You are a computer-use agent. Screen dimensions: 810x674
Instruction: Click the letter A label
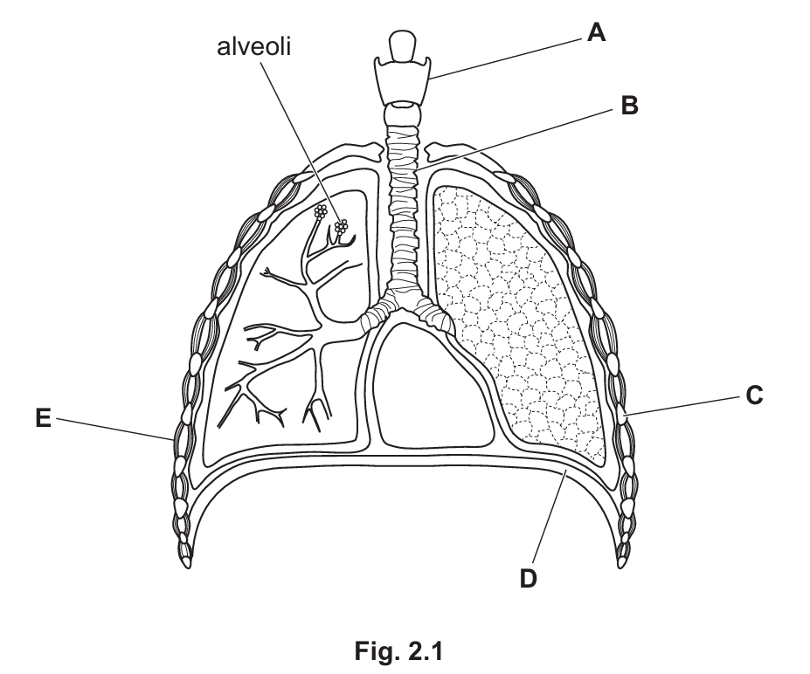pos(596,33)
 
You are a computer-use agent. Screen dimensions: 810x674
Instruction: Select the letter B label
pos(629,106)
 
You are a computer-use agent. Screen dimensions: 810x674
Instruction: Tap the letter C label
pos(754,395)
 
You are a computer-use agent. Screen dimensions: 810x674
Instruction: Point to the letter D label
pos(528,579)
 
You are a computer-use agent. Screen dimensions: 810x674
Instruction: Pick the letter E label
pos(44,418)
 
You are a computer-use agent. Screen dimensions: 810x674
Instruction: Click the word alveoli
pos(253,47)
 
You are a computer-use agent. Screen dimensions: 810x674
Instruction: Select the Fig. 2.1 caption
pos(398,650)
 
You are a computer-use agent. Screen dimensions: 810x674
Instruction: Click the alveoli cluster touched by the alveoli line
pos(341,226)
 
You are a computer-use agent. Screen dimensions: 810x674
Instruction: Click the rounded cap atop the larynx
pos(403,47)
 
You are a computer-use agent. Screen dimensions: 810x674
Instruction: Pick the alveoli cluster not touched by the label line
pos(321,211)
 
